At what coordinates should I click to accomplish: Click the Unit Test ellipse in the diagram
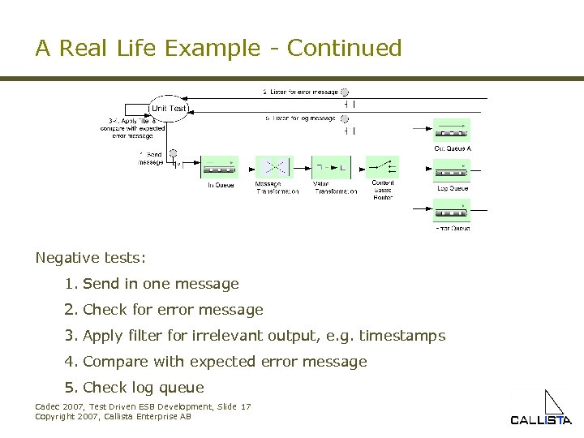168,108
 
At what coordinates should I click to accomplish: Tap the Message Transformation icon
273,166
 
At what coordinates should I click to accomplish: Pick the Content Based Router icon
382,166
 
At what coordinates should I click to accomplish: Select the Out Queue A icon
452,131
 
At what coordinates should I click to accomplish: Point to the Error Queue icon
452,211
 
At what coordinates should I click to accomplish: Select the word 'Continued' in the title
344,49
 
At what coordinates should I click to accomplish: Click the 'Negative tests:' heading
91,258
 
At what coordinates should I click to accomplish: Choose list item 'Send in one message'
161,284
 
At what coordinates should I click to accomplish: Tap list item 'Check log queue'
144,388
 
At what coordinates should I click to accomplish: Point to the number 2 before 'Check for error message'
71,310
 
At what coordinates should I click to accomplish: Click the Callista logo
540,410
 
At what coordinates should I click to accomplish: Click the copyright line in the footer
113,416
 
